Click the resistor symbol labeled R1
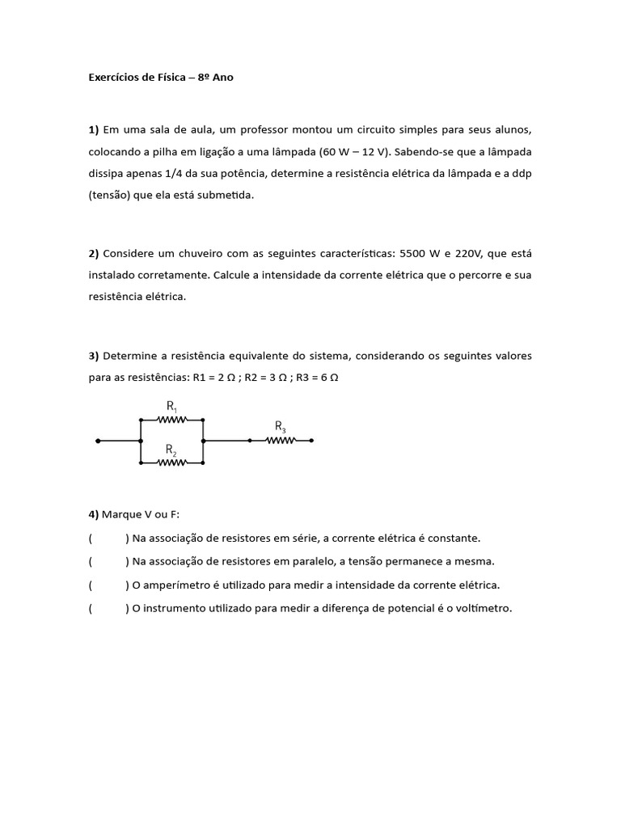pyautogui.click(x=171, y=420)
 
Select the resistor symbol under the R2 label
pyautogui.click(x=171, y=463)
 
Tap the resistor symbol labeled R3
pyautogui.click(x=281, y=441)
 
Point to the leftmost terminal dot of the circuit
pyautogui.click(x=98, y=441)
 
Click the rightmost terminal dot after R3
pyautogui.click(x=312, y=441)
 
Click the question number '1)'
pyautogui.click(x=94, y=129)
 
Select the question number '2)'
pyautogui.click(x=94, y=253)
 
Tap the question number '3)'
pyautogui.click(x=94, y=356)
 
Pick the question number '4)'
pyautogui.click(x=94, y=514)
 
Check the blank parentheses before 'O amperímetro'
pyautogui.click(x=108, y=585)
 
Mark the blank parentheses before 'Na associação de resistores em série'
pyautogui.click(x=108, y=538)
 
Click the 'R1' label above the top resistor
pyautogui.click(x=172, y=405)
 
